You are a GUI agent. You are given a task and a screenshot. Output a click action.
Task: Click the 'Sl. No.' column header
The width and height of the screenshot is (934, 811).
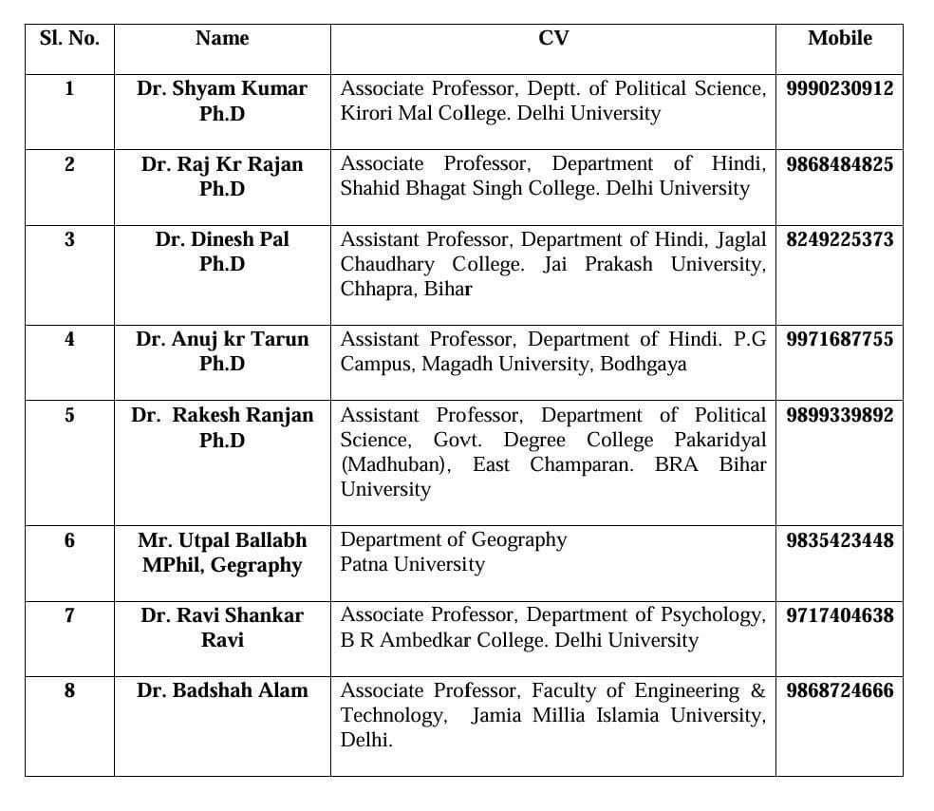tap(69, 39)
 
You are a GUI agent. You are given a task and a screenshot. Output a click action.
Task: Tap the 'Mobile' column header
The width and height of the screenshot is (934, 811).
tap(839, 39)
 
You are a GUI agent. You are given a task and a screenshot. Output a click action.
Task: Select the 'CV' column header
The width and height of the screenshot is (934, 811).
tap(552, 39)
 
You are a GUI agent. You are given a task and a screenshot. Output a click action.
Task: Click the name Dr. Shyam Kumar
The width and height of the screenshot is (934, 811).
tap(222, 88)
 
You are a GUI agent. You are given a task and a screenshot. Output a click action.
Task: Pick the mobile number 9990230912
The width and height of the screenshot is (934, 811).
tap(839, 88)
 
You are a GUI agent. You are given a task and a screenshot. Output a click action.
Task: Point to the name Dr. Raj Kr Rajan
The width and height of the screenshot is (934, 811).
tap(222, 164)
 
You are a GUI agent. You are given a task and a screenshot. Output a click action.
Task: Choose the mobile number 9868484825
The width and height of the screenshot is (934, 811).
tap(839, 164)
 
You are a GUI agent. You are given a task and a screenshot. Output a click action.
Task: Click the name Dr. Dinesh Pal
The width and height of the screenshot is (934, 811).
tap(222, 239)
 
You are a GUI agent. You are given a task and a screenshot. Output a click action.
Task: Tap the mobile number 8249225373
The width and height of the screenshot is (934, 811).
tap(839, 239)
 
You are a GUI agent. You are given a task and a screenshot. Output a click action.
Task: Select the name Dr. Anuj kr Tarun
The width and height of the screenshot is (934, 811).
tap(222, 339)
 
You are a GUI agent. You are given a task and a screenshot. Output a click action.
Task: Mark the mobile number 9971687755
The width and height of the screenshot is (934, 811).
tap(839, 339)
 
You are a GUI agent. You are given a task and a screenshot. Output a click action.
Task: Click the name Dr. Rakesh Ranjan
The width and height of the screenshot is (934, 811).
tap(222, 415)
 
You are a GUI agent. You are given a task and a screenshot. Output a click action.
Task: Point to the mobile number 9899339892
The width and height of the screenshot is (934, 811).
tap(839, 415)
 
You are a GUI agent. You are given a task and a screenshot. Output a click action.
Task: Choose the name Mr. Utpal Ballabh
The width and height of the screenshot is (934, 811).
tap(222, 540)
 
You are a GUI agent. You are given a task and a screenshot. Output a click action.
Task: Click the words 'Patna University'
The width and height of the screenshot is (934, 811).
tap(412, 565)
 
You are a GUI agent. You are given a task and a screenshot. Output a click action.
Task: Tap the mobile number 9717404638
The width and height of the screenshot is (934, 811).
tap(839, 615)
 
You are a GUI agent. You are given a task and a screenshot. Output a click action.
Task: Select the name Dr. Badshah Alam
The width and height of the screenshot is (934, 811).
tap(222, 690)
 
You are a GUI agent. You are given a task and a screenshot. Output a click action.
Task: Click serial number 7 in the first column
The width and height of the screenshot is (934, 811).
tap(69, 615)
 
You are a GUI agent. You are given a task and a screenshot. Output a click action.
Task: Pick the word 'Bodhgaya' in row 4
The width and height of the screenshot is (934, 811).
tap(643, 364)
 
